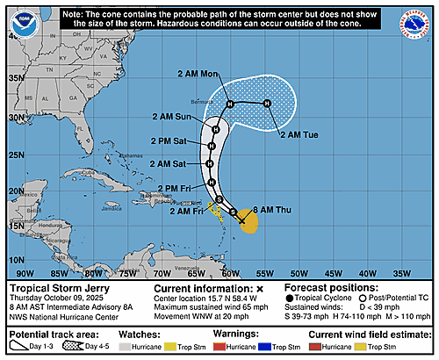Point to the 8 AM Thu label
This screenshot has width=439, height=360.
tap(270, 209)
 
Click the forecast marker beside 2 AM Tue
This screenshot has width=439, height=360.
tap(268, 104)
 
